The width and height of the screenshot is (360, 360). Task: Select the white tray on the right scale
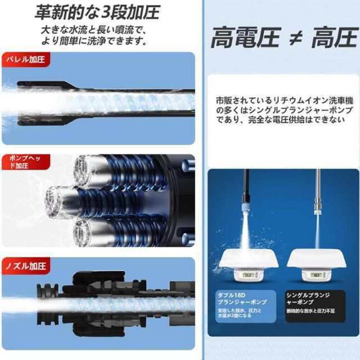click(x=316, y=259)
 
